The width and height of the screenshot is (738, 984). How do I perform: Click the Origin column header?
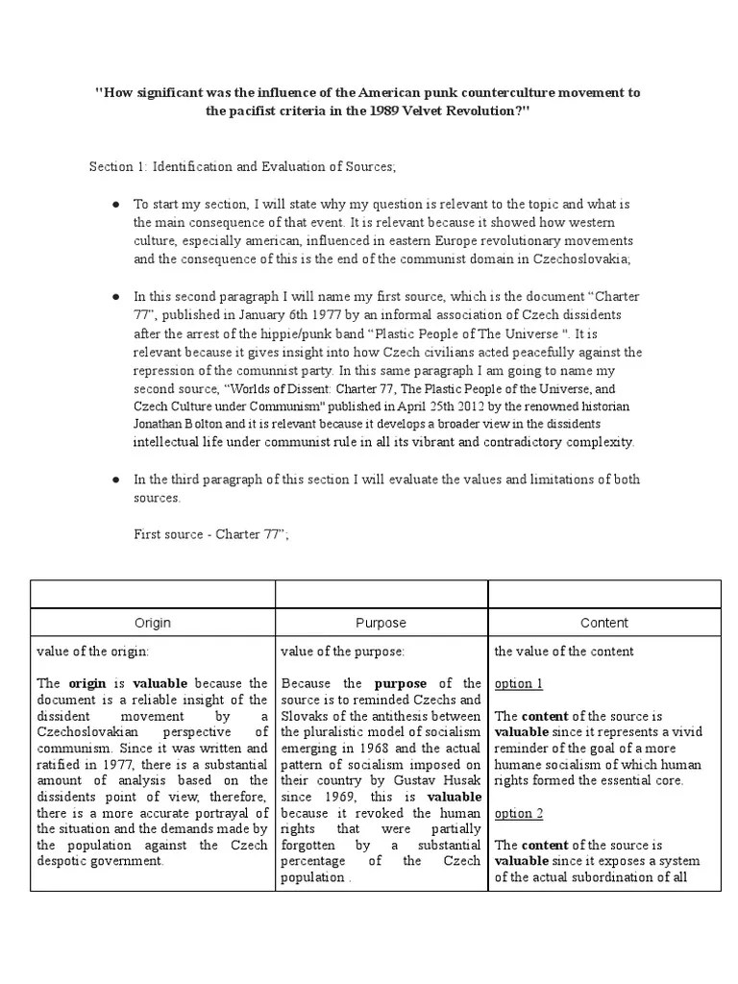click(153, 623)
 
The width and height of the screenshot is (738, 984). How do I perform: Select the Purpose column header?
click(381, 623)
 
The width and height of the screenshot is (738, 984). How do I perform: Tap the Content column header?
click(604, 623)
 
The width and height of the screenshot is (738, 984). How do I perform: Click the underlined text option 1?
click(519, 683)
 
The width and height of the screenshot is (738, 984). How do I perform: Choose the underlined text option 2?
click(519, 813)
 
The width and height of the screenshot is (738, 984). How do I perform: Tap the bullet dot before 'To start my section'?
click(114, 205)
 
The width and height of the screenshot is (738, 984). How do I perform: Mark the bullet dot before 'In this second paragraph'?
click(114, 298)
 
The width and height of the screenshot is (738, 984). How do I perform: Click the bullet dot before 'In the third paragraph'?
click(114, 480)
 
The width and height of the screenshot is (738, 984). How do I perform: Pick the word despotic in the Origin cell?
click(64, 862)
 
